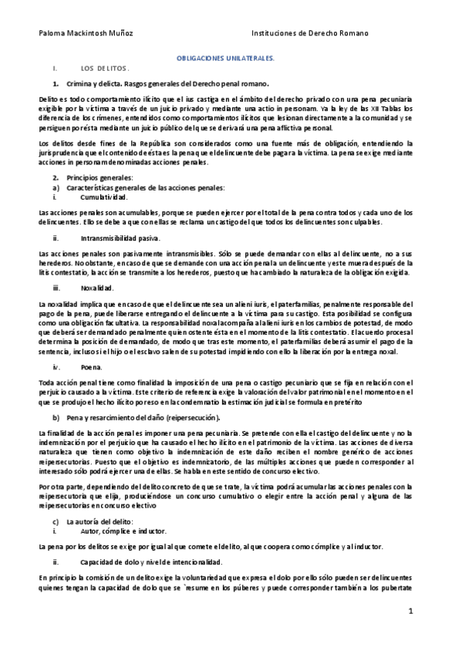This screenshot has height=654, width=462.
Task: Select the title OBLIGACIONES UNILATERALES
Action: [x=231, y=59]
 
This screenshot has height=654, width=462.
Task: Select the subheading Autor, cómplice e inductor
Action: [x=122, y=532]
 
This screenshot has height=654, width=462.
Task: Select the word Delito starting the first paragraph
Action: [x=48, y=100]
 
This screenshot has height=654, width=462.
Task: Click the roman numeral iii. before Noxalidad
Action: [x=56, y=287]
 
